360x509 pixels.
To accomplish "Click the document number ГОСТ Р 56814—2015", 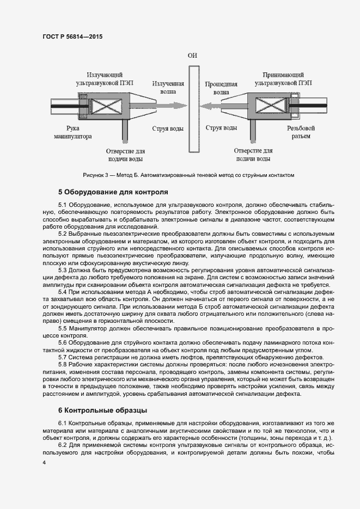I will pos(72,37).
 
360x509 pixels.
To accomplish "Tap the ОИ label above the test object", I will pos(192,56).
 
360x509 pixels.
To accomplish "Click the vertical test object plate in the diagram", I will pos(192,108).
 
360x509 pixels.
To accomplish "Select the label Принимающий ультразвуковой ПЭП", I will pos(282,79).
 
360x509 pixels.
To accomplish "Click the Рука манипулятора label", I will pos(75,132).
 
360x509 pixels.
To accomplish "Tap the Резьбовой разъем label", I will pos(299,132).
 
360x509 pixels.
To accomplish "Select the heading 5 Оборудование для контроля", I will pos(112,192).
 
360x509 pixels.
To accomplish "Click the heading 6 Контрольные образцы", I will pos(103,409).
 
